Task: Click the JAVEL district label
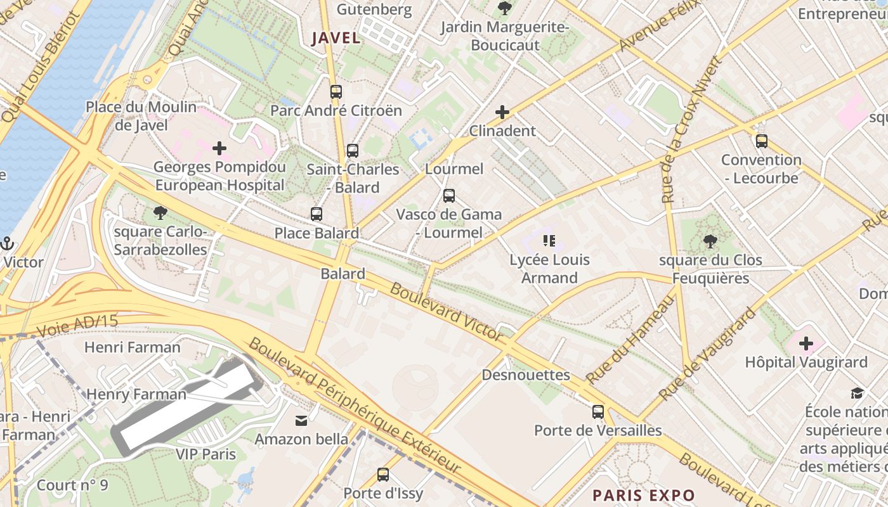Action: pos(336,38)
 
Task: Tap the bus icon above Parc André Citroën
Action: pos(336,92)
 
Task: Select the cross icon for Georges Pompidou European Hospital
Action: pos(219,149)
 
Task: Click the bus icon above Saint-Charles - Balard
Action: pos(353,151)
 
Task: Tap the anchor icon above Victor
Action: pos(7,243)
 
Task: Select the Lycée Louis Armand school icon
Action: pos(549,241)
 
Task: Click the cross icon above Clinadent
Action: pos(502,113)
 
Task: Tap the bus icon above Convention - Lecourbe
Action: pos(762,141)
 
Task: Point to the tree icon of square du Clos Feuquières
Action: pos(710,241)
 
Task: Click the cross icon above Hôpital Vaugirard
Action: pos(806,344)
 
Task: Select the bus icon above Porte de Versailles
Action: pos(598,412)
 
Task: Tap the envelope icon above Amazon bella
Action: pos(301,420)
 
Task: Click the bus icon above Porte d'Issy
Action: pos(383,475)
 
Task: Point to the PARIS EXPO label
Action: pos(644,495)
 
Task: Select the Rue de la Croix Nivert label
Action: pos(691,130)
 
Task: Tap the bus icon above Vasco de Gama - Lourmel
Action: pos(449,196)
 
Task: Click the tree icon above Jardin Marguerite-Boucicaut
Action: pos(505,8)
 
